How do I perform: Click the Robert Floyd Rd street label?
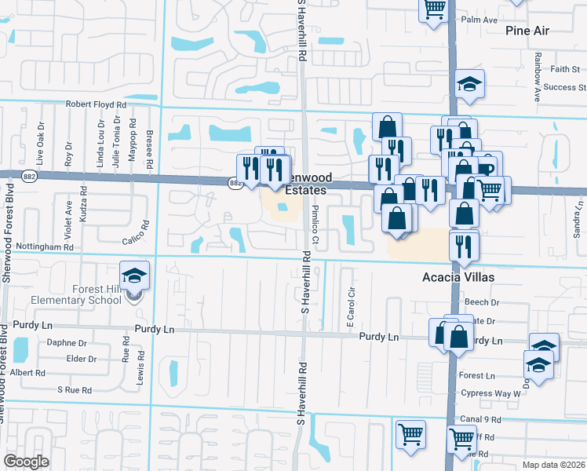click(96, 104)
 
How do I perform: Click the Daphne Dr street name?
click(66, 343)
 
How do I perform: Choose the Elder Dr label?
click(82, 359)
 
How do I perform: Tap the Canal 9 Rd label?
click(481, 420)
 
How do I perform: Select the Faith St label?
click(564, 69)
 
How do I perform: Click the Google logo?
click(26, 461)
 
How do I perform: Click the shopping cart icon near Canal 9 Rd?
click(410, 433)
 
